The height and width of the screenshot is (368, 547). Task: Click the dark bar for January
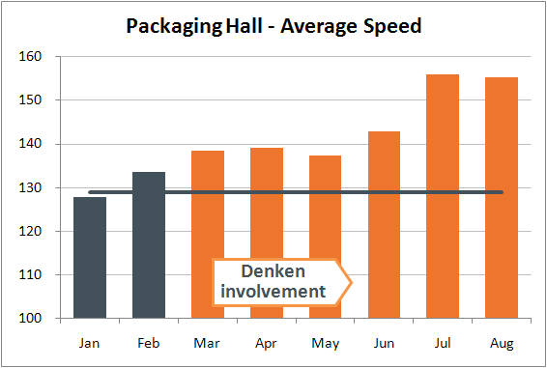pyautogui.click(x=90, y=258)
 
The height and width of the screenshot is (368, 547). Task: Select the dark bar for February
pyautogui.click(x=149, y=245)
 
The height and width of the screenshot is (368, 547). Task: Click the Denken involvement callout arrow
pyautogui.click(x=281, y=281)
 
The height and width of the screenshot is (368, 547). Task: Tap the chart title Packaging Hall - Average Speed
pyautogui.click(x=273, y=25)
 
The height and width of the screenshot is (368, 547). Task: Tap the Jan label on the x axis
pyautogui.click(x=90, y=342)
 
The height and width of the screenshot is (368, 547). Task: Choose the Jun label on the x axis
pyautogui.click(x=384, y=342)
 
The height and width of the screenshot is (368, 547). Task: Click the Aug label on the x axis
pyautogui.click(x=502, y=342)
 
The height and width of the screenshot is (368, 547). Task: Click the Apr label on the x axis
pyautogui.click(x=267, y=342)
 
